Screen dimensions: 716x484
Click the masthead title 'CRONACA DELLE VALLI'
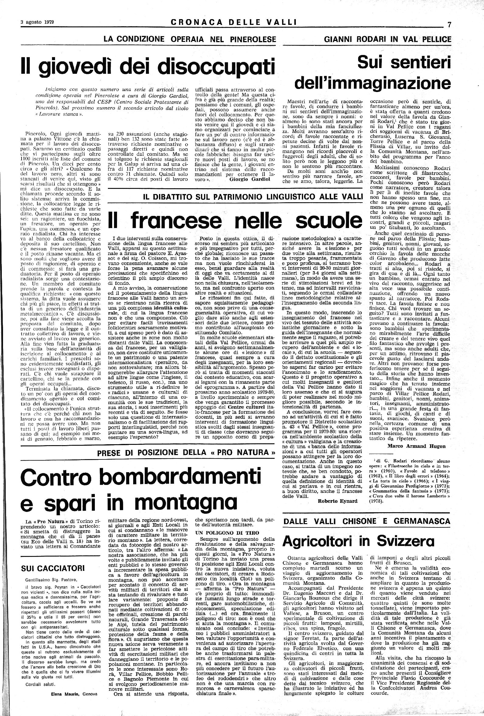tap(233, 22)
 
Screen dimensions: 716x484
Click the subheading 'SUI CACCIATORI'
tap(52, 568)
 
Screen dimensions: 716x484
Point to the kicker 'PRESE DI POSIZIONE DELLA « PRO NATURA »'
tap(186, 453)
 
